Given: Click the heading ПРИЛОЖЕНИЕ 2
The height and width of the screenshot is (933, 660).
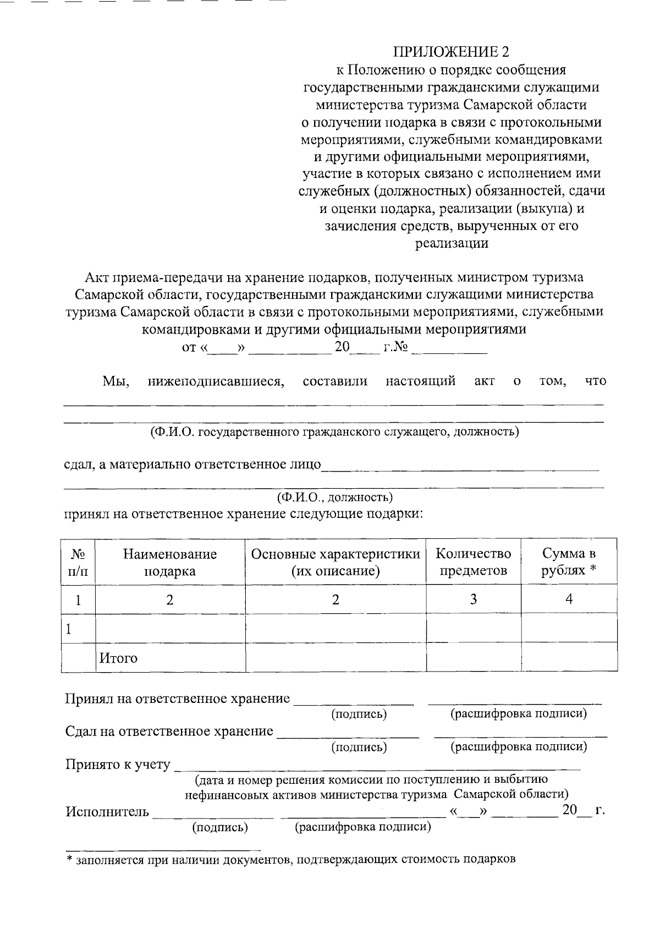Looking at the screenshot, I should coord(451,52).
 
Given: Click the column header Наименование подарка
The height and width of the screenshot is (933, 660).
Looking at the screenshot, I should coord(169,562).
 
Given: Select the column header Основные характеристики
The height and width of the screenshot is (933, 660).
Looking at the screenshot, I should coord(335,562).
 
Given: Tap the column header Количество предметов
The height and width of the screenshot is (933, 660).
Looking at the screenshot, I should coord(473,562).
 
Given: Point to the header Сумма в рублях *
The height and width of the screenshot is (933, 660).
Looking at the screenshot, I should coord(569,562).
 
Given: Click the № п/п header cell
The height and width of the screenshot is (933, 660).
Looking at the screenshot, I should coord(78,562).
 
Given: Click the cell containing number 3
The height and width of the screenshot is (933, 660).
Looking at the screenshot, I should coord(473,599).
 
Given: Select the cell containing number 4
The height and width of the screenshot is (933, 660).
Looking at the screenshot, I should coord(569,599).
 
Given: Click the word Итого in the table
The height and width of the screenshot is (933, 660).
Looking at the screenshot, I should coord(118,658).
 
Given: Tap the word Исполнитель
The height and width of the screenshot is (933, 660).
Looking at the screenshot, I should coord(107,812).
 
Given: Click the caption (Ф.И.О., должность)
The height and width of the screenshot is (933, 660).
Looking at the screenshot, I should coord(334,498).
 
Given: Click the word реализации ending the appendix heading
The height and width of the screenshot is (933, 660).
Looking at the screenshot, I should coord(452,243).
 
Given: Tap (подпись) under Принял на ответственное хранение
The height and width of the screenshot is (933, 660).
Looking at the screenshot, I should coord(359,714).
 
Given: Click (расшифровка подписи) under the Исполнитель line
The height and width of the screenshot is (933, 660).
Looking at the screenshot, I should coord(363,827).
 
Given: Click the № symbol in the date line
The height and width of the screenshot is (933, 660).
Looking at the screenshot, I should coord(402,348).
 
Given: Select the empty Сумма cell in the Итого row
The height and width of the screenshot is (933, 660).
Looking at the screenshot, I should coord(569,657).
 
